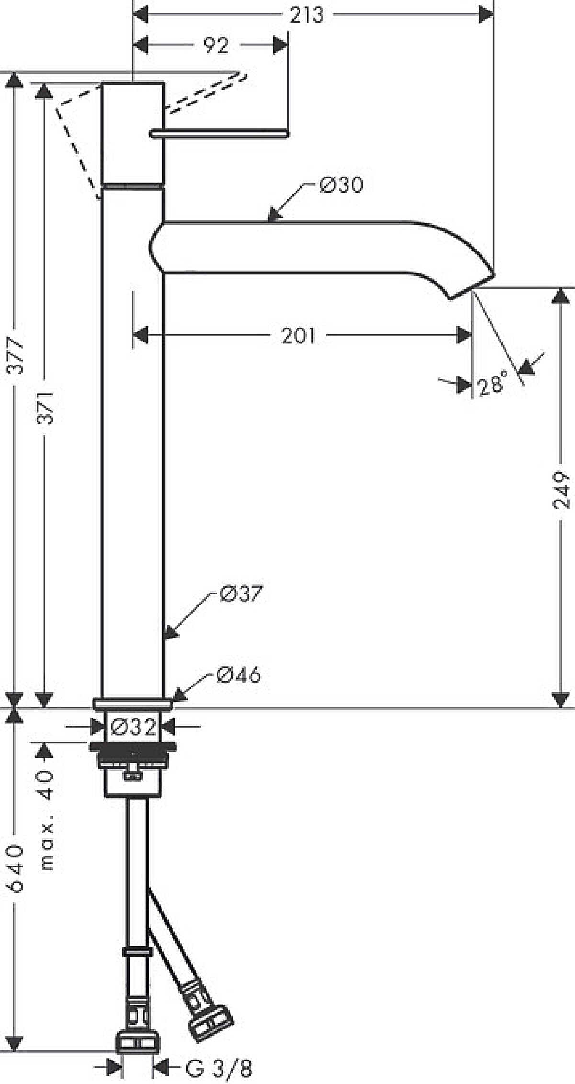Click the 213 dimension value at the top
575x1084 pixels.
point(307,15)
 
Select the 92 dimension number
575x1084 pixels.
point(217,46)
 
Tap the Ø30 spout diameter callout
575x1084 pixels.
point(341,184)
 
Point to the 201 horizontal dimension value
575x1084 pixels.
point(298,336)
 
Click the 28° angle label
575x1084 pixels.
point(492,384)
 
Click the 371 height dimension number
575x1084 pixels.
point(45,407)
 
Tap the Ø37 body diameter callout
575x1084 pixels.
point(241,594)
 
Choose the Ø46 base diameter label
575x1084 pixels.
point(239,675)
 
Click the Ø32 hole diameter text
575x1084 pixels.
point(133,727)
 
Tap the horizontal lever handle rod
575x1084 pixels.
point(219,133)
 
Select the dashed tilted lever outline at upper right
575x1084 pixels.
point(207,94)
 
